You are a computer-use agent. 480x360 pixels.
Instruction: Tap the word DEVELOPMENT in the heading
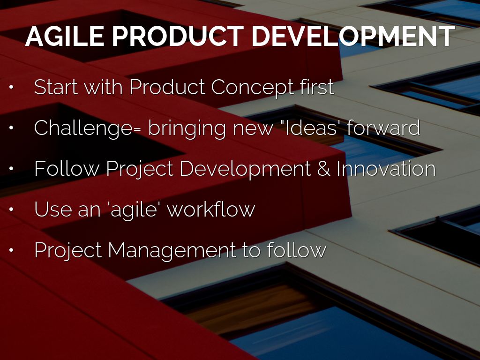pyautogui.click(x=353, y=36)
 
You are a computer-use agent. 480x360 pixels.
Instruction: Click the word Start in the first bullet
pyautogui.click(x=56, y=87)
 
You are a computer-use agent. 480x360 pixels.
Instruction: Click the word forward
pyautogui.click(x=383, y=127)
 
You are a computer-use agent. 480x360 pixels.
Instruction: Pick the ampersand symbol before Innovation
pyautogui.click(x=323, y=169)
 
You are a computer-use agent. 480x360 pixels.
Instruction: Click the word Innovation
pyautogui.click(x=386, y=168)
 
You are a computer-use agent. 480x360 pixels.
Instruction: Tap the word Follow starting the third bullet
pyautogui.click(x=67, y=168)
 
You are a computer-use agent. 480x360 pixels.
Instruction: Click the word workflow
pyautogui.click(x=211, y=209)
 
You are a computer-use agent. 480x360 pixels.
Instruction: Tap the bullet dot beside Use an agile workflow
pyautogui.click(x=11, y=210)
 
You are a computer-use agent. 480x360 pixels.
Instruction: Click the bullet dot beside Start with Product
pyautogui.click(x=11, y=87)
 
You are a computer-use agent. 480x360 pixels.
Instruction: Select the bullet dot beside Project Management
pyautogui.click(x=11, y=250)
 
